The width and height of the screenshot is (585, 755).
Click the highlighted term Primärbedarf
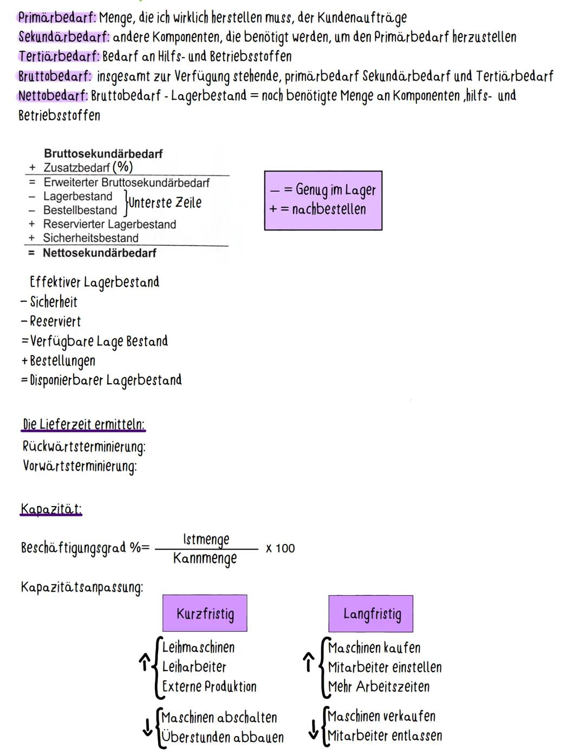click(x=57, y=17)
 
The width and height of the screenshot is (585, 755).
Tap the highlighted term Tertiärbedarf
click(x=59, y=56)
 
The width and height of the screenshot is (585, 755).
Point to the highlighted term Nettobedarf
click(x=53, y=96)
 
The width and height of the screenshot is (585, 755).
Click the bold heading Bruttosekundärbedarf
click(x=103, y=154)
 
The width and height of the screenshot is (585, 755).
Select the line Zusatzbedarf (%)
click(x=88, y=167)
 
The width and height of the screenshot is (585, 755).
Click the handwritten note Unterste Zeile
click(x=165, y=203)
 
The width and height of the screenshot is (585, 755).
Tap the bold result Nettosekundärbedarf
click(x=100, y=253)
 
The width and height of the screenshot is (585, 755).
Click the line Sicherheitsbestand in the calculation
click(x=90, y=238)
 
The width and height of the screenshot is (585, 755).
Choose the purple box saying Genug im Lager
click(x=323, y=200)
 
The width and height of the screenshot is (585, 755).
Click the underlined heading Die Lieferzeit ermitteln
click(x=83, y=424)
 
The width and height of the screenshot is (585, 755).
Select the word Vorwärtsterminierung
click(x=80, y=466)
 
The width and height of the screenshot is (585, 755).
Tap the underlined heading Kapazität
click(x=51, y=509)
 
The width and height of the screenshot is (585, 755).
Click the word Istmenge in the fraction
click(x=206, y=539)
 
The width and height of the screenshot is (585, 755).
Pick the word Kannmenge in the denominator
click(x=205, y=559)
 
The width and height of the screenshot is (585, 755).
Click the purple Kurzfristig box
click(x=205, y=613)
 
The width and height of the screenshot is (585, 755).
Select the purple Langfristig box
click(x=371, y=614)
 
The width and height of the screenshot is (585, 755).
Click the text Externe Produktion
click(x=209, y=686)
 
